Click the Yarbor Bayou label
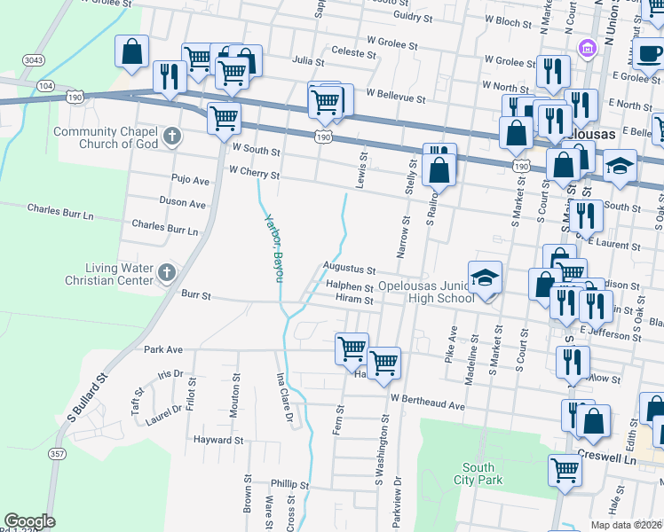pyautogui.click(x=273, y=248)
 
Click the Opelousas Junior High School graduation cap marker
pyautogui.click(x=486, y=278)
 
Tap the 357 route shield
pyautogui.click(x=58, y=454)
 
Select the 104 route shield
pyautogui.click(x=46, y=86)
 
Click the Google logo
pyautogui.click(x=29, y=521)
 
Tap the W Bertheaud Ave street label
pyautogui.click(x=426, y=404)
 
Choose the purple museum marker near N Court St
pyautogui.click(x=585, y=47)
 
